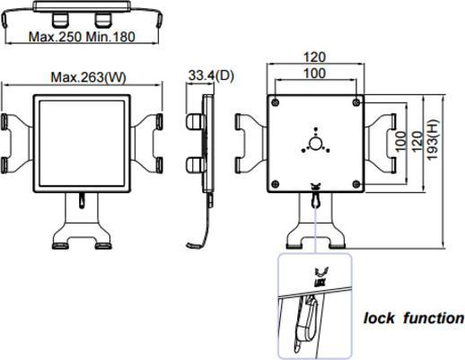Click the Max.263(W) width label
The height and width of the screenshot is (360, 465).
coord(87,77)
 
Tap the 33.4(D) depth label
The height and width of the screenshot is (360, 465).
coord(211,75)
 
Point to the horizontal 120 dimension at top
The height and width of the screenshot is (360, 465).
coord(314,57)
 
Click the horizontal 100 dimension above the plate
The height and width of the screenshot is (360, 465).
coord(314,73)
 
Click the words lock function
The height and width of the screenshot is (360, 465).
coord(414,318)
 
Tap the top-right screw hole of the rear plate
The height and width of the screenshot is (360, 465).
coord(358,100)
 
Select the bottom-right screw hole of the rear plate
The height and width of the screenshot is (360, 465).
coord(358,185)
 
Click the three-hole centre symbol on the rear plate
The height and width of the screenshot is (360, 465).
coord(315,141)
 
